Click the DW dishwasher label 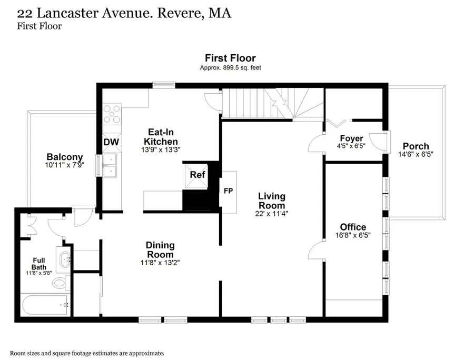(x=111, y=142)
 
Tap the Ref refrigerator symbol (x=197, y=176)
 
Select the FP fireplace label (x=228, y=191)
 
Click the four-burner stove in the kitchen (x=112, y=114)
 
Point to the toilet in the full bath (x=61, y=283)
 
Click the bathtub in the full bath (x=45, y=305)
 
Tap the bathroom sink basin (x=64, y=259)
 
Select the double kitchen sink (x=110, y=165)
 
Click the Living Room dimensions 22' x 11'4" (x=271, y=214)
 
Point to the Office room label (x=353, y=227)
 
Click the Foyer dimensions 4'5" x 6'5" (x=351, y=146)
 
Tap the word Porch (x=416, y=146)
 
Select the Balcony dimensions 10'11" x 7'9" (x=65, y=165)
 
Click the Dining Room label (x=160, y=250)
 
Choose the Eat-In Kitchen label (x=161, y=137)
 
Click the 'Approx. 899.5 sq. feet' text (x=230, y=68)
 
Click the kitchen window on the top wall (x=164, y=85)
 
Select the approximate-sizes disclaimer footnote (x=87, y=353)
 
